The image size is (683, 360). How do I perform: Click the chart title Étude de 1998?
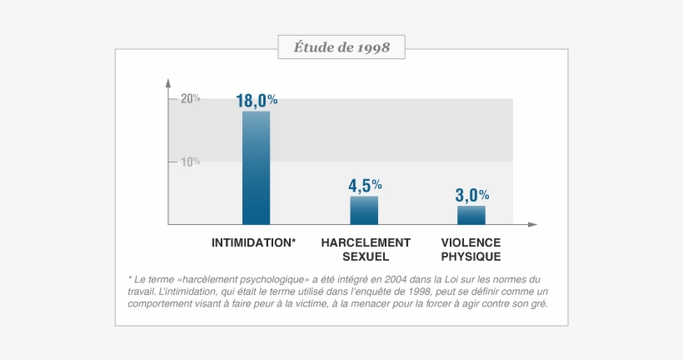[x=341, y=47]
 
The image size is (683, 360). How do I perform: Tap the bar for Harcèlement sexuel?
[x=364, y=211]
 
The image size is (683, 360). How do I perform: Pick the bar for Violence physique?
[x=471, y=215]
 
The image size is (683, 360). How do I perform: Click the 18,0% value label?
[x=257, y=101]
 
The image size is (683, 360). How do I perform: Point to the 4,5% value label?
[x=365, y=185]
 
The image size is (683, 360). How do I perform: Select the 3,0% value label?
[x=472, y=195]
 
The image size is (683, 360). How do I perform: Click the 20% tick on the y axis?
[x=189, y=98]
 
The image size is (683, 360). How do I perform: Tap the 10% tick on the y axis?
[x=189, y=162]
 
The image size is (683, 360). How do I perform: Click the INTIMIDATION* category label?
[x=254, y=242]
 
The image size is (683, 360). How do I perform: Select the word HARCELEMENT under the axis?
[x=366, y=242]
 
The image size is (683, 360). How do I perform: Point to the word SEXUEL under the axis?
[x=366, y=257]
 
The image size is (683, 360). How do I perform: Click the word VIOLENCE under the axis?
[x=471, y=242]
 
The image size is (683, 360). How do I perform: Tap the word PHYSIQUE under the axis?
[x=471, y=257]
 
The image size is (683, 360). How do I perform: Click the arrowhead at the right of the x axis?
[x=533, y=225]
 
